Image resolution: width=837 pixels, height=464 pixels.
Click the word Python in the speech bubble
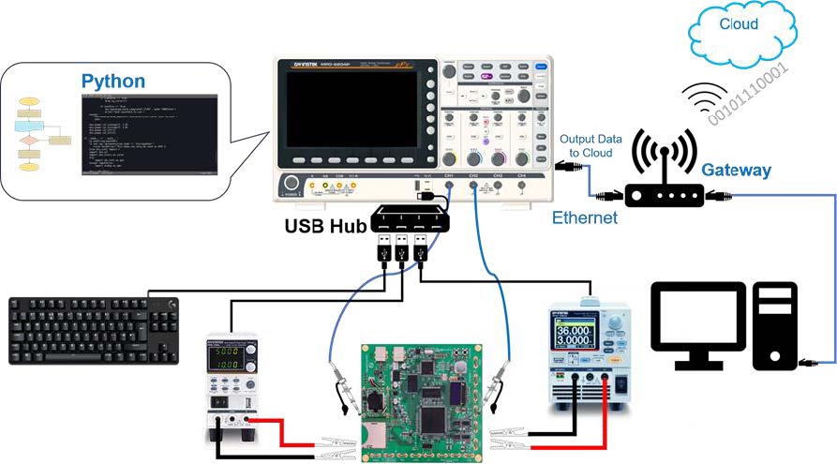click(112, 81)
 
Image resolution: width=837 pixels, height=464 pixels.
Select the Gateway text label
click(736, 170)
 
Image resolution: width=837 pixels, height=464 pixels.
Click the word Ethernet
click(584, 217)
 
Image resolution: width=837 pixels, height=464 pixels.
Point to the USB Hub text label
click(325, 226)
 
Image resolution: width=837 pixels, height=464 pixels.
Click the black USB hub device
click(411, 218)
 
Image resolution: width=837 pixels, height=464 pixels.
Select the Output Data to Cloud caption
click(586, 146)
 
